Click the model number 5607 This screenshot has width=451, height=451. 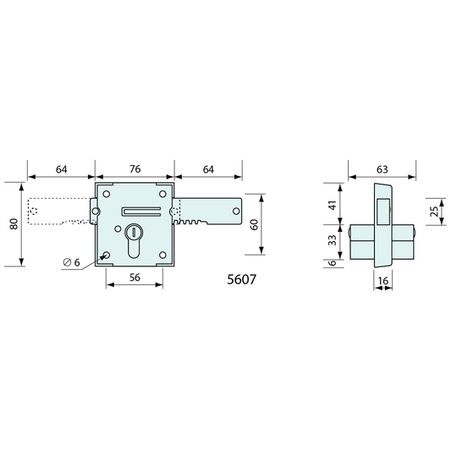coord(241,279)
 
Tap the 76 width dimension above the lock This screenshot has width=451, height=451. coord(135,169)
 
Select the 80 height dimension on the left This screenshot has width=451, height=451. coord(14,223)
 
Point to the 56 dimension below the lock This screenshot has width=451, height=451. coord(135,278)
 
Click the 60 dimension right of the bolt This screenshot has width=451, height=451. coord(254,224)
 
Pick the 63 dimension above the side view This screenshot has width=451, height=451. coord(382,169)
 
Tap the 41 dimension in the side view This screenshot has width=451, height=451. coord(333,206)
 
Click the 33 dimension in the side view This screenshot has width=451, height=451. coord(333,240)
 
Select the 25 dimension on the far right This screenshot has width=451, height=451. coord(436,212)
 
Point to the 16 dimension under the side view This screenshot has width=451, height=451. coord(383,280)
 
